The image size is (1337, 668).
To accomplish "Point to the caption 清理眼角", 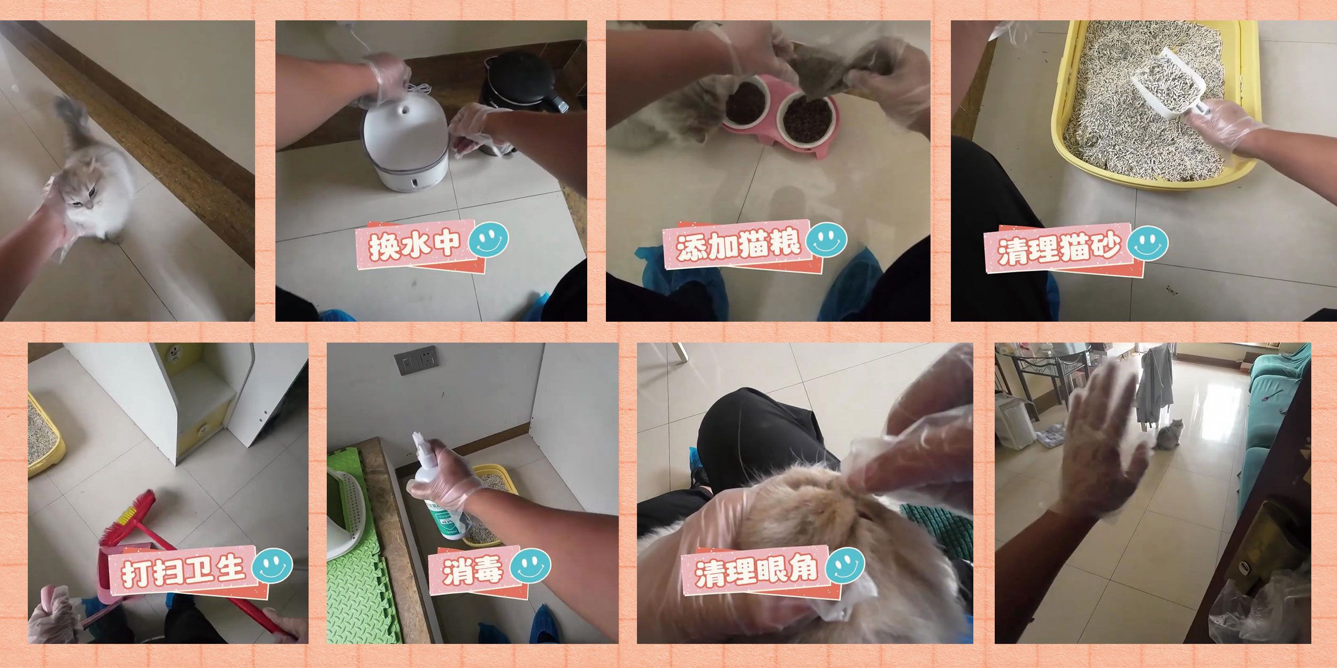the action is coord(756,571).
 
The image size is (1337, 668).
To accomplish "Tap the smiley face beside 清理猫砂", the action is coord(1148,243).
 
